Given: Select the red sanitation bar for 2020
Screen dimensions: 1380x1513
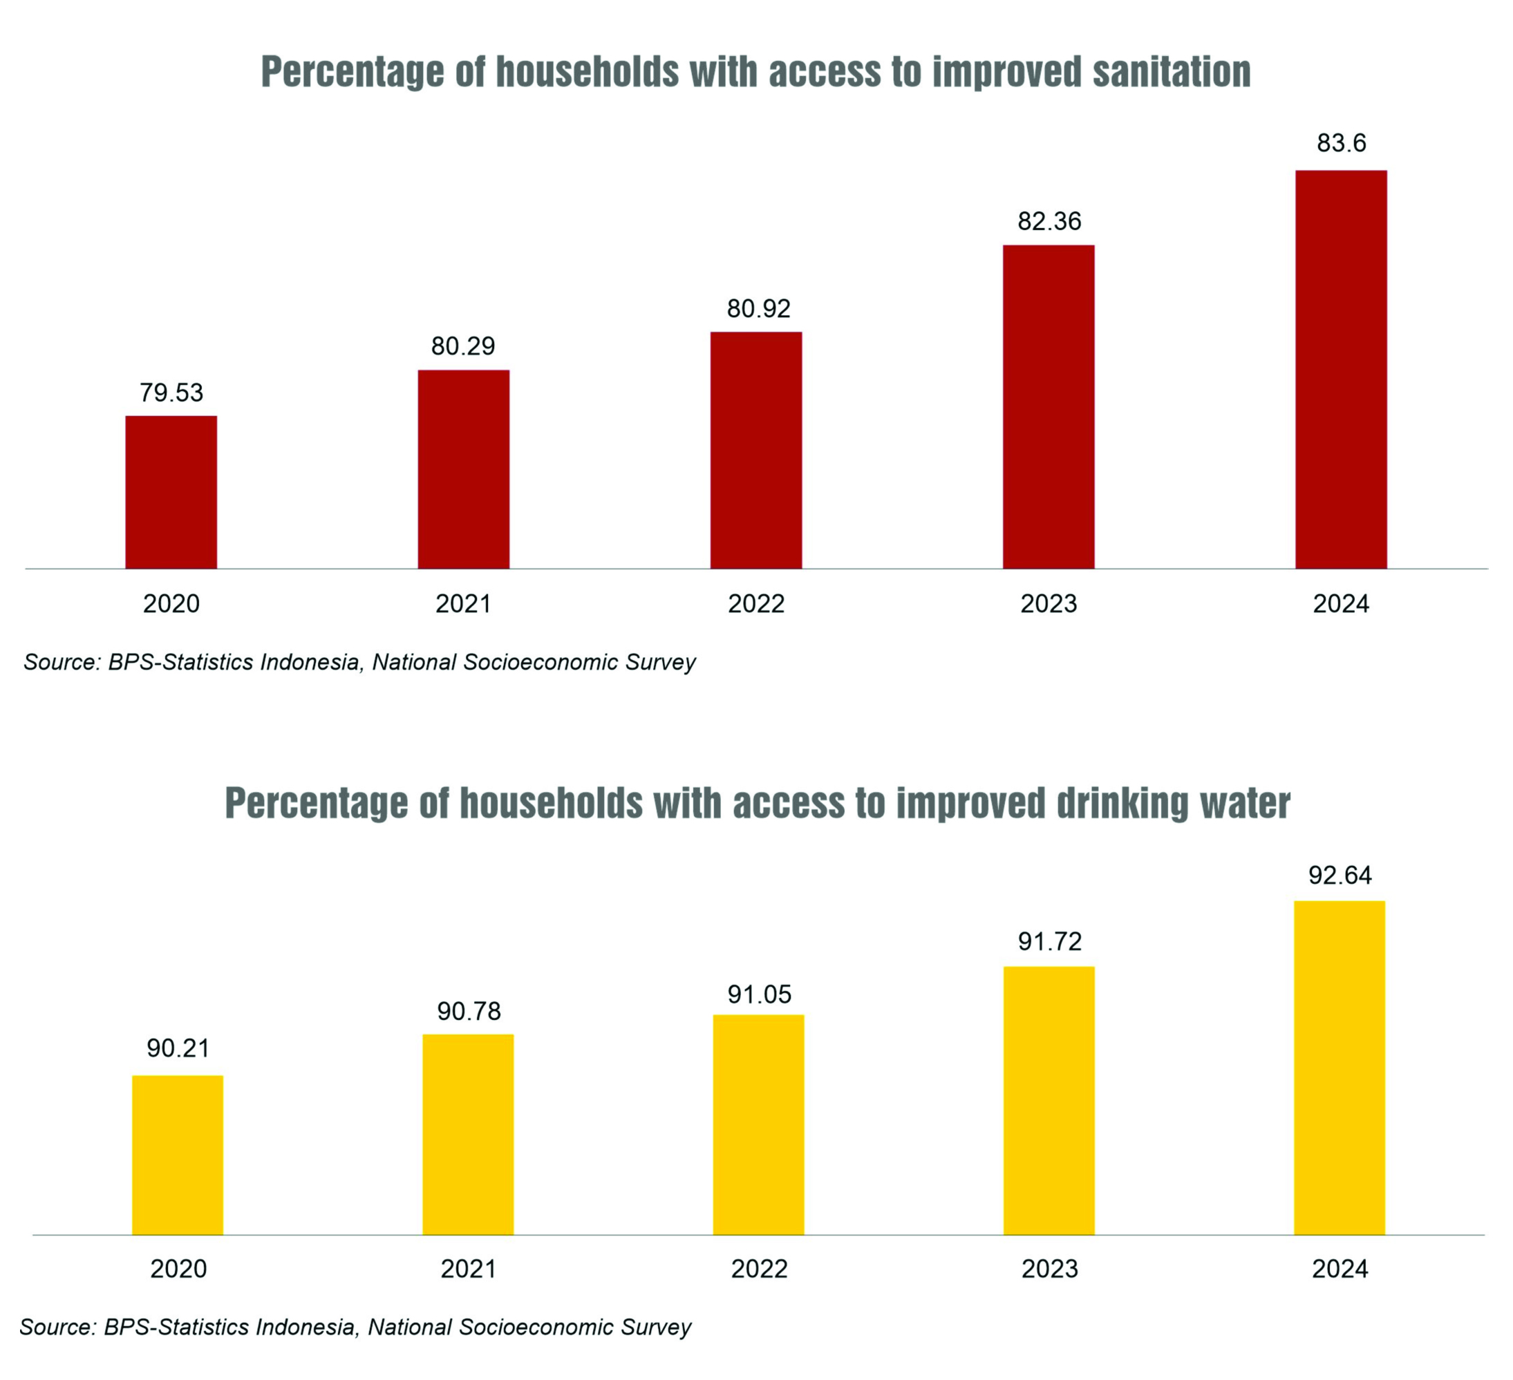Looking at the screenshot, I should click(171, 492).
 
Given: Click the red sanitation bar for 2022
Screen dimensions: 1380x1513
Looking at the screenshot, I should click(755, 451).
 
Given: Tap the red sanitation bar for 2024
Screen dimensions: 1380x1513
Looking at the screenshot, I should click(1340, 369).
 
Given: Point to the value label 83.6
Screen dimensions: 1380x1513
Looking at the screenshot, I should click(1341, 142).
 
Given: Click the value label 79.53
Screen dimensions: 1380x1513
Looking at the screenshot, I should click(171, 393).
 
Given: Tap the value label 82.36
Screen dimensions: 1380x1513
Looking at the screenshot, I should click(1049, 221).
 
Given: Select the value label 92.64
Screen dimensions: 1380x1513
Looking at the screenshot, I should click(1340, 875).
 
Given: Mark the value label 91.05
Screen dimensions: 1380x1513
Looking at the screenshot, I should click(759, 994).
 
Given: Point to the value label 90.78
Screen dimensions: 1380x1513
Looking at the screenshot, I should click(469, 1012).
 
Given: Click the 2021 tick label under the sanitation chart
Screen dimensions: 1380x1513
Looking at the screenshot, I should click(463, 604).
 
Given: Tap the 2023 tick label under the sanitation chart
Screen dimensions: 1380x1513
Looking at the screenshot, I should click(1049, 604).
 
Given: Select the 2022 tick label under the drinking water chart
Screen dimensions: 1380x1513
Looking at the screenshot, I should click(759, 1269).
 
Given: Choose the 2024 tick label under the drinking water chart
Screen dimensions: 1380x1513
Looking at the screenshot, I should click(1340, 1269).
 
